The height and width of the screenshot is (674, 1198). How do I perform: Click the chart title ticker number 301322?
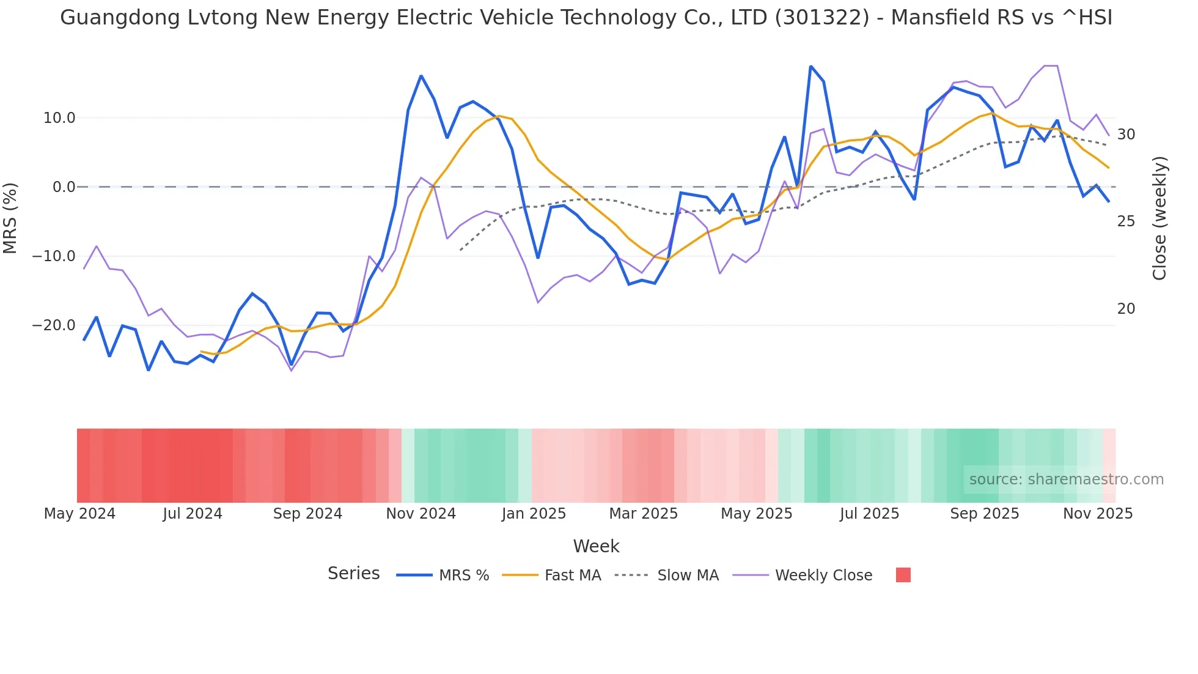coord(821,18)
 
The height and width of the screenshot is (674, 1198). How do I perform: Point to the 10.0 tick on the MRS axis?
coord(59,118)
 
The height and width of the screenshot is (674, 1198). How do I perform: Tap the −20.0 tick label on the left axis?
coord(54,325)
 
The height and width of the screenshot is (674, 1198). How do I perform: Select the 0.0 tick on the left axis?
coord(64,187)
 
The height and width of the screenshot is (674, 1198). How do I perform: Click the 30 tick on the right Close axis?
coord(1126,135)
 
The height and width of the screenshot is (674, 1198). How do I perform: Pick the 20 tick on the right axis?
coord(1126,309)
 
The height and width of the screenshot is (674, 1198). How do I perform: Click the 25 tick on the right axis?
coord(1126,221)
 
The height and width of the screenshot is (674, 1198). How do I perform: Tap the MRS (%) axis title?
coord(10,218)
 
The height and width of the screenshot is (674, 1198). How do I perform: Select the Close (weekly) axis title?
coord(1159,218)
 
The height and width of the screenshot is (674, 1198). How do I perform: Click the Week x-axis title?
coord(596,546)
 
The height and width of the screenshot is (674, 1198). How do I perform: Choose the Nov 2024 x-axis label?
coord(421,514)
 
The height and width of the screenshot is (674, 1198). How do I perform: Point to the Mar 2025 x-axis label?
coord(643,514)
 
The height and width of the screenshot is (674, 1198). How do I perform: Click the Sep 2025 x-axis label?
coord(984,514)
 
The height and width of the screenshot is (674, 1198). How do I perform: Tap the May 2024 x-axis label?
coord(79,514)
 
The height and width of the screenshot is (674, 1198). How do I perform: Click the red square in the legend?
coord(903,575)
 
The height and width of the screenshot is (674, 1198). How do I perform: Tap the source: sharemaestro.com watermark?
coord(1066,480)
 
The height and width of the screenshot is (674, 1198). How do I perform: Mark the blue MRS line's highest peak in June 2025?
coord(810,66)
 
